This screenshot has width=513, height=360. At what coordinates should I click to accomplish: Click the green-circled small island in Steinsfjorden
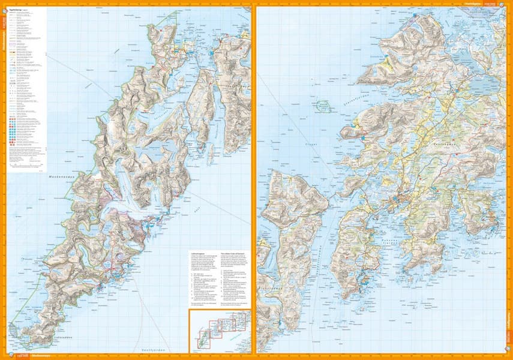[x=325, y=106]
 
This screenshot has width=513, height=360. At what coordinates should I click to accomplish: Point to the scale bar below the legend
[x=24, y=169]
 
